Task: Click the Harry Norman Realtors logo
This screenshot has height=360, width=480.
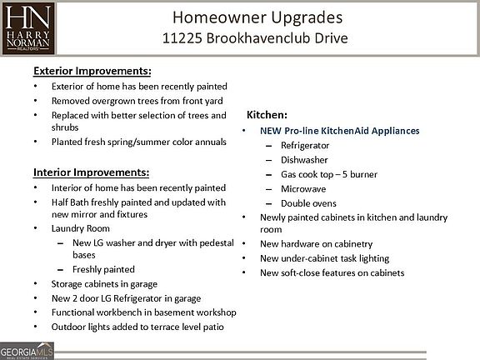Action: (28, 28)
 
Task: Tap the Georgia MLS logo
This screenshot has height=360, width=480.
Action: (27, 351)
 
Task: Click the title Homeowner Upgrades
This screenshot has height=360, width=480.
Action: (257, 17)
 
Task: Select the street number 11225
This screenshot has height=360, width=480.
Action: (182, 38)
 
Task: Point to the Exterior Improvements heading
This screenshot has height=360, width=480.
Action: (92, 71)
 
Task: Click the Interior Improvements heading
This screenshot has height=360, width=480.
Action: (91, 172)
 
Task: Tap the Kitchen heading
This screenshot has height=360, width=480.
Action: (267, 115)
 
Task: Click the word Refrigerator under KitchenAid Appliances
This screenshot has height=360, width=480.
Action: (305, 145)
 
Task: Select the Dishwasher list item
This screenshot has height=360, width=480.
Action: (304, 160)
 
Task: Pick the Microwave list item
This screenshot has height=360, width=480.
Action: (303, 189)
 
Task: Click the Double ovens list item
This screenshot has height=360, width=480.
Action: (308, 203)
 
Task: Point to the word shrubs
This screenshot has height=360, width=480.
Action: (65, 127)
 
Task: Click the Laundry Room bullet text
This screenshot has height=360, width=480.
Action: (81, 228)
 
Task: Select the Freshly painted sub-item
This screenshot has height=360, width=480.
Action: (103, 269)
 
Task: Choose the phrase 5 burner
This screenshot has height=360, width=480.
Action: (360, 174)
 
